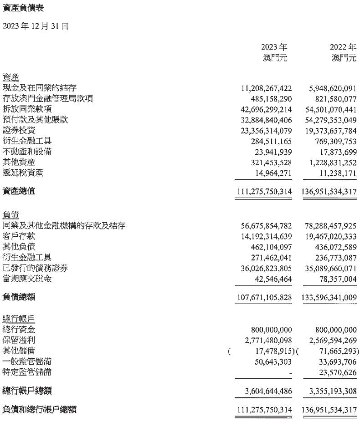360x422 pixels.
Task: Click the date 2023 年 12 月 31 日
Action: click(x=36, y=26)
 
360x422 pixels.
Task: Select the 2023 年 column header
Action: click(x=274, y=47)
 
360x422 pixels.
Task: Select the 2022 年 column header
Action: click(x=343, y=47)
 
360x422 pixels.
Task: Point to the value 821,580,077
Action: click(x=331, y=99)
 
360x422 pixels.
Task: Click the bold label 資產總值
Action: click(x=19, y=191)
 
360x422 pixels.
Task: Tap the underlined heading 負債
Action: click(x=11, y=215)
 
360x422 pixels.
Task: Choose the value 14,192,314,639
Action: click(x=267, y=236)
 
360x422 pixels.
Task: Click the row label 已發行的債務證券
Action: click(x=35, y=268)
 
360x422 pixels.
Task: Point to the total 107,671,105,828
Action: click(x=264, y=297)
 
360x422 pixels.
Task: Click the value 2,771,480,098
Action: click(x=269, y=340)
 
